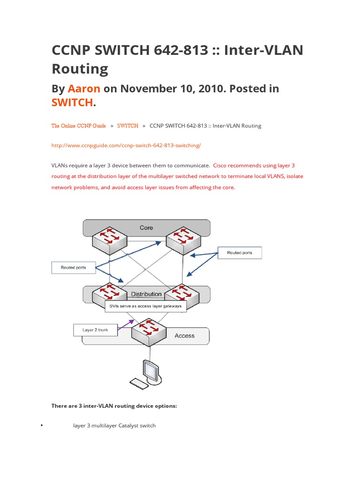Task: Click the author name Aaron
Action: click(x=84, y=89)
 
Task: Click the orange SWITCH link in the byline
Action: click(x=72, y=103)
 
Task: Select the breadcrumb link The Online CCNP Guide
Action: click(x=78, y=126)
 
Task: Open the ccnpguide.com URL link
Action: click(x=126, y=145)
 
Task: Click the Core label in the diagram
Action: click(x=146, y=228)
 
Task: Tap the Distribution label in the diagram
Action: click(x=146, y=294)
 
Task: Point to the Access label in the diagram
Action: click(x=184, y=336)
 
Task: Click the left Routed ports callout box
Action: click(x=74, y=268)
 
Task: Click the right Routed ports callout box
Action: click(x=240, y=253)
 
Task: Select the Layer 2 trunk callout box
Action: click(x=95, y=330)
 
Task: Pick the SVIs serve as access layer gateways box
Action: click(x=145, y=306)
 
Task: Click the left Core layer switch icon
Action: click(x=110, y=240)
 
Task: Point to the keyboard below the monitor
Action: click(x=139, y=383)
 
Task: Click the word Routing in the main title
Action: click(x=80, y=68)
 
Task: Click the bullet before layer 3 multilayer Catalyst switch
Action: click(x=42, y=425)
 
